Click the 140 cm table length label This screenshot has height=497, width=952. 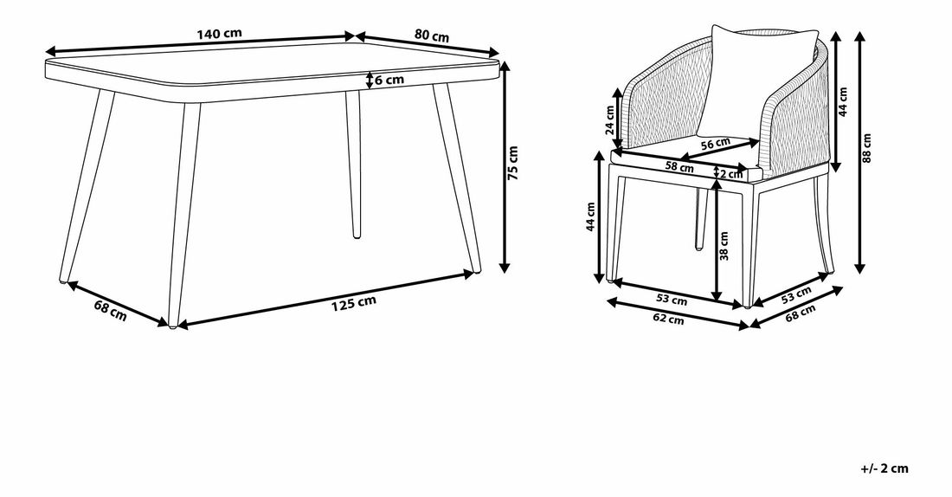click(219, 34)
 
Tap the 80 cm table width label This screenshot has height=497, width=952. click(432, 35)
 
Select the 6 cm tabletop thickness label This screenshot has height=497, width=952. click(389, 80)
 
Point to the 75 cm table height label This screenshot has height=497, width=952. click(513, 163)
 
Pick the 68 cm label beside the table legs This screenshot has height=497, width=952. click(111, 311)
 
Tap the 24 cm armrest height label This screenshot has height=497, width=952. click(610, 119)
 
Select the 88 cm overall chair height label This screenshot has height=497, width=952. click(866, 148)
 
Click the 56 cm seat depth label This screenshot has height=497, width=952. click(716, 144)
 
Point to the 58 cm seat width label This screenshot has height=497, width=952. click(679, 166)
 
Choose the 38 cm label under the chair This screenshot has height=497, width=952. click(724, 246)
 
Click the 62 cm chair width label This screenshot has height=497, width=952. click(669, 318)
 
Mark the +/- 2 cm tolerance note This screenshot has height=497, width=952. click(884, 468)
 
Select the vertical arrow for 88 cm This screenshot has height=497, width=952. click(859, 152)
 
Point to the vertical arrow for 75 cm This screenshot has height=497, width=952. click(504, 166)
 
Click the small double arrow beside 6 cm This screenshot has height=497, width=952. click(370, 80)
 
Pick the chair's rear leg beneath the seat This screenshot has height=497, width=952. click(699, 219)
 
